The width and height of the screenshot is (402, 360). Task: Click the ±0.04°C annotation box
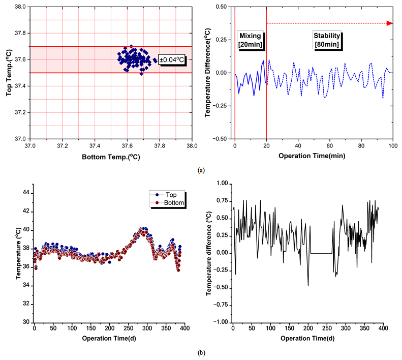pyautogui.click(x=172, y=59)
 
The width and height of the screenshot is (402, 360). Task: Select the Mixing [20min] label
pyautogui.click(x=250, y=40)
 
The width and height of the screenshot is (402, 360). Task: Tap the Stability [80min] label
pyautogui.click(x=326, y=40)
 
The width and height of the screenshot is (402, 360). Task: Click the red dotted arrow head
pyautogui.click(x=389, y=23)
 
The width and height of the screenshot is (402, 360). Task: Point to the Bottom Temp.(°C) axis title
pyautogui.click(x=111, y=157)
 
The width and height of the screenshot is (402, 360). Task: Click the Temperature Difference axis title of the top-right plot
pyautogui.click(x=208, y=72)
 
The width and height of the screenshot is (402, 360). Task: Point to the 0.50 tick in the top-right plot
pyautogui.click(x=223, y=7)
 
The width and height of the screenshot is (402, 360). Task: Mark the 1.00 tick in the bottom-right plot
pyautogui.click(x=222, y=184)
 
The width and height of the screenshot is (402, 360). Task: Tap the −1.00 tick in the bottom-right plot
pyautogui.click(x=220, y=322)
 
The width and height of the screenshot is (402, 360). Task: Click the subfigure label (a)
pyautogui.click(x=201, y=171)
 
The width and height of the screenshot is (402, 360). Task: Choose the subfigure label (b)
pyautogui.click(x=201, y=352)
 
